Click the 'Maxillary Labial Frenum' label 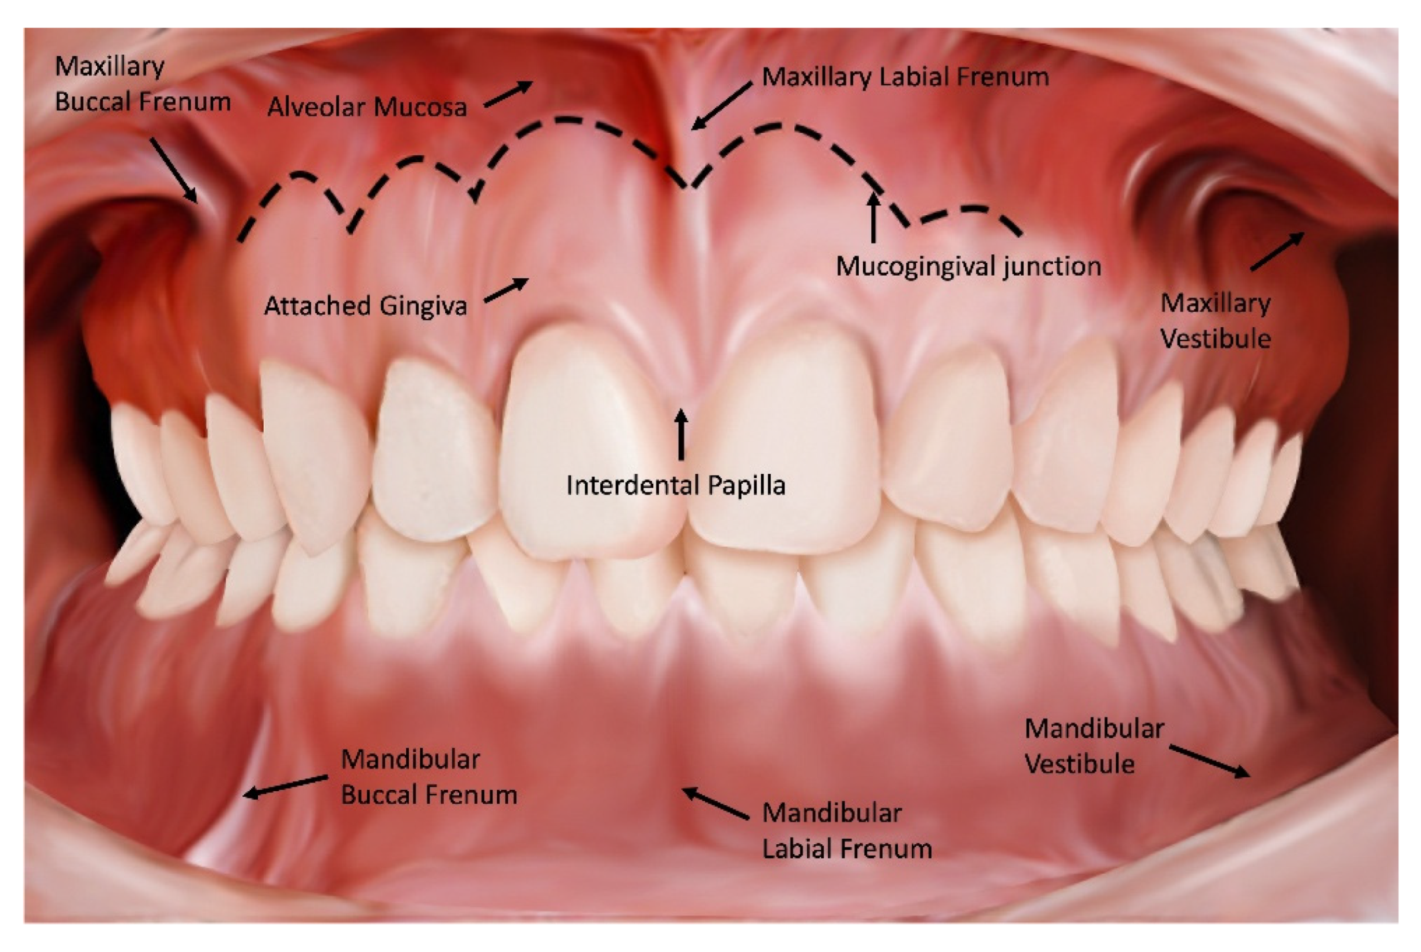[x=905, y=77]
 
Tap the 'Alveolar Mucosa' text [x=367, y=108]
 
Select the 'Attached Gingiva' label [x=366, y=305]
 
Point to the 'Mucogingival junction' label [x=968, y=266]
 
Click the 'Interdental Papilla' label [x=676, y=485]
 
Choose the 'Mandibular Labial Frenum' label [x=847, y=831]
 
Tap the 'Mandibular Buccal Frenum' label [x=429, y=777]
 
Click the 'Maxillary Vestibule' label [x=1215, y=320]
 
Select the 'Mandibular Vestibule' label [x=1094, y=746]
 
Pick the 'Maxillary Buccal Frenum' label [x=143, y=84]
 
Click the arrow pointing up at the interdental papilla [x=681, y=433]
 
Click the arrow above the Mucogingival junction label [x=873, y=217]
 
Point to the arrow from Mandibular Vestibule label [x=1209, y=762]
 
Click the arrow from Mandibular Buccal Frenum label [x=286, y=786]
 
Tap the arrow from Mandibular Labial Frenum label [x=715, y=803]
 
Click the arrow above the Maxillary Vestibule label [x=1276, y=251]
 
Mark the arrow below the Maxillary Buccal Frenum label [x=174, y=170]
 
